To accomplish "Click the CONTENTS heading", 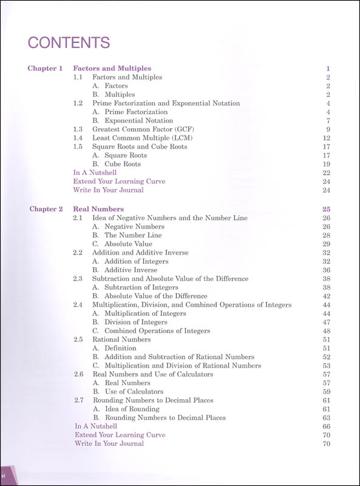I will [69, 43].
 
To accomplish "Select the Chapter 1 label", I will [45, 69].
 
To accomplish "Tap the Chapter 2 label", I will [46, 209].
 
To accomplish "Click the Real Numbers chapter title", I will [98, 209].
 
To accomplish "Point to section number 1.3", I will [78, 129].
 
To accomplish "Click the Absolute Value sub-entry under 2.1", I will [124, 244].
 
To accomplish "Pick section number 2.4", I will [78, 304].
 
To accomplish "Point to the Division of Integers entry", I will [129, 322].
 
